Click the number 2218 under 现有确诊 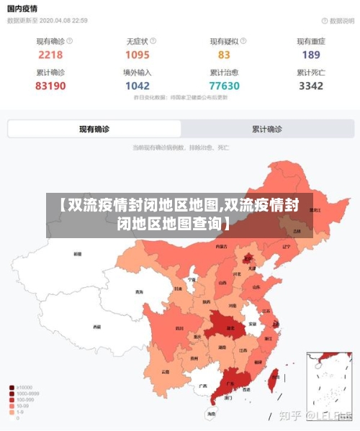(50, 55)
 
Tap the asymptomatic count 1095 (138, 55)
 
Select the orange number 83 (224, 55)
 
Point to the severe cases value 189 (311, 55)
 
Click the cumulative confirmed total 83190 (50, 86)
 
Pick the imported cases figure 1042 (138, 86)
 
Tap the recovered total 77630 (224, 86)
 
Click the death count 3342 (311, 86)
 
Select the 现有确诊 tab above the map (94, 130)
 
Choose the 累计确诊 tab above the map (267, 130)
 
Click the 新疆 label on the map (78, 254)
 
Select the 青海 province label (138, 292)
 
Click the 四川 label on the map (179, 328)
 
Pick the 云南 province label (166, 371)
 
